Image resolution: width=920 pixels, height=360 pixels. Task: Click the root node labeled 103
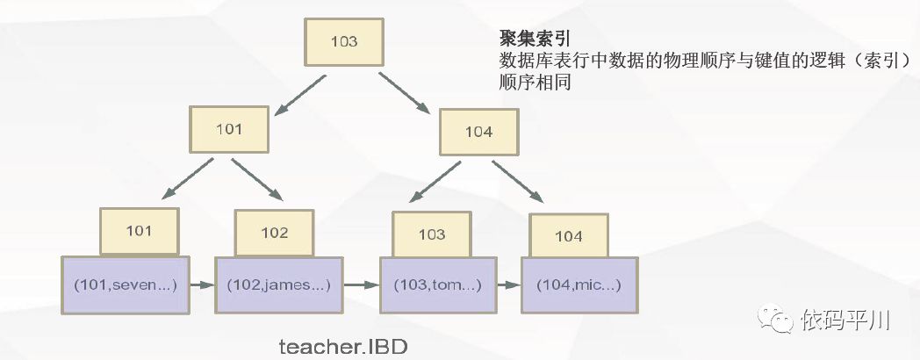pyautogui.click(x=343, y=42)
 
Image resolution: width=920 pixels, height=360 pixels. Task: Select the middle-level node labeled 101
pyautogui.click(x=228, y=129)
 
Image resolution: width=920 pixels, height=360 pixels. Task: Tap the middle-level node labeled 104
pyautogui.click(x=478, y=133)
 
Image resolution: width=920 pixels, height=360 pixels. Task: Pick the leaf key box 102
pyautogui.click(x=274, y=233)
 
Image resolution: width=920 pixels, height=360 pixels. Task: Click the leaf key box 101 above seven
pyautogui.click(x=140, y=231)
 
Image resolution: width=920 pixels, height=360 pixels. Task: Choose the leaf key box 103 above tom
pyautogui.click(x=431, y=234)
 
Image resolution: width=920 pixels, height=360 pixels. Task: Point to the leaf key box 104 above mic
pyautogui.click(x=569, y=236)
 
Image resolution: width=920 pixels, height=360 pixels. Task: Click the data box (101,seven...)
pyautogui.click(x=126, y=284)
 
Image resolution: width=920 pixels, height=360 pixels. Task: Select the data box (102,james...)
pyautogui.click(x=279, y=284)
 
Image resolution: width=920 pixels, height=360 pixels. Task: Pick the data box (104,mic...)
pyautogui.click(x=579, y=285)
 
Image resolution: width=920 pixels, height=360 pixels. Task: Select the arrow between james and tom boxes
pyautogui.click(x=361, y=284)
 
